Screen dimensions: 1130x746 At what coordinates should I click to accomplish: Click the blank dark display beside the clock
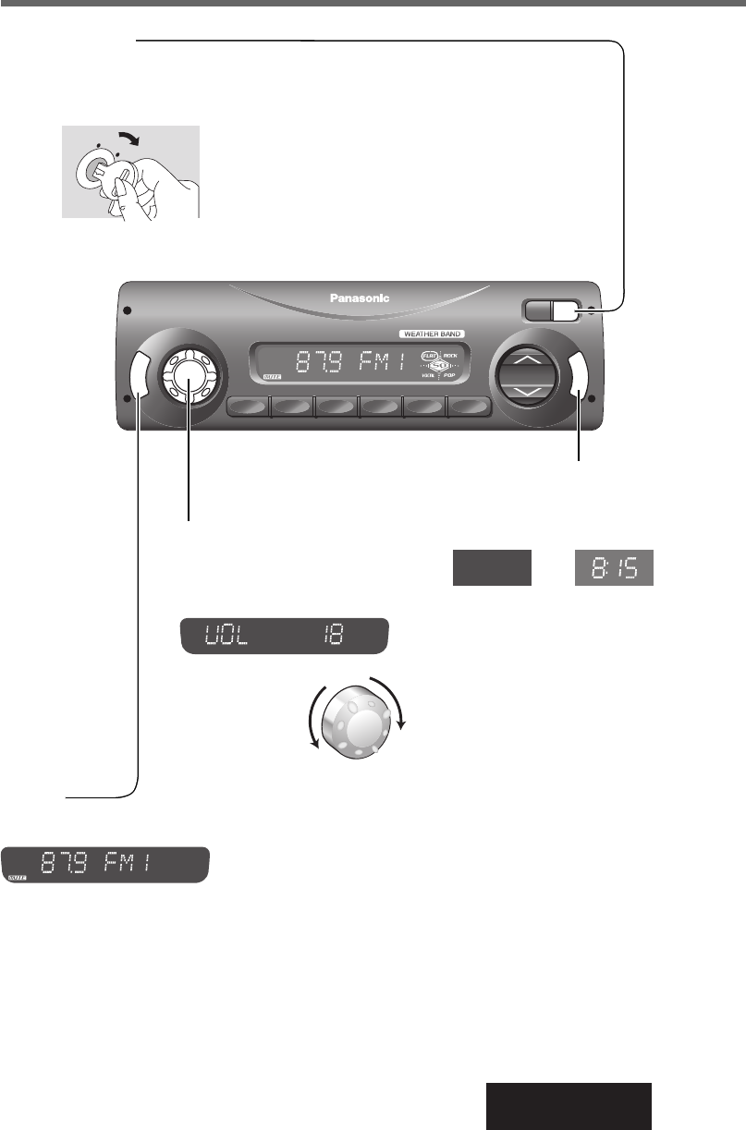tap(492, 567)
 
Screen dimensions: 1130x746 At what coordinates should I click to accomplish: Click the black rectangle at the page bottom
tap(569, 1105)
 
